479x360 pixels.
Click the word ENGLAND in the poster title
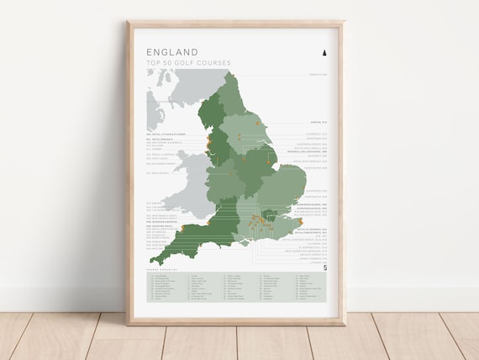pyautogui.click(x=172, y=52)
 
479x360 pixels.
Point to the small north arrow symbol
pyautogui.click(x=324, y=50)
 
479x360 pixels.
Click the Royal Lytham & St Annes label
pyautogui.click(x=166, y=134)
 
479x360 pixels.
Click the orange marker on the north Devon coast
pyautogui.click(x=182, y=227)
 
